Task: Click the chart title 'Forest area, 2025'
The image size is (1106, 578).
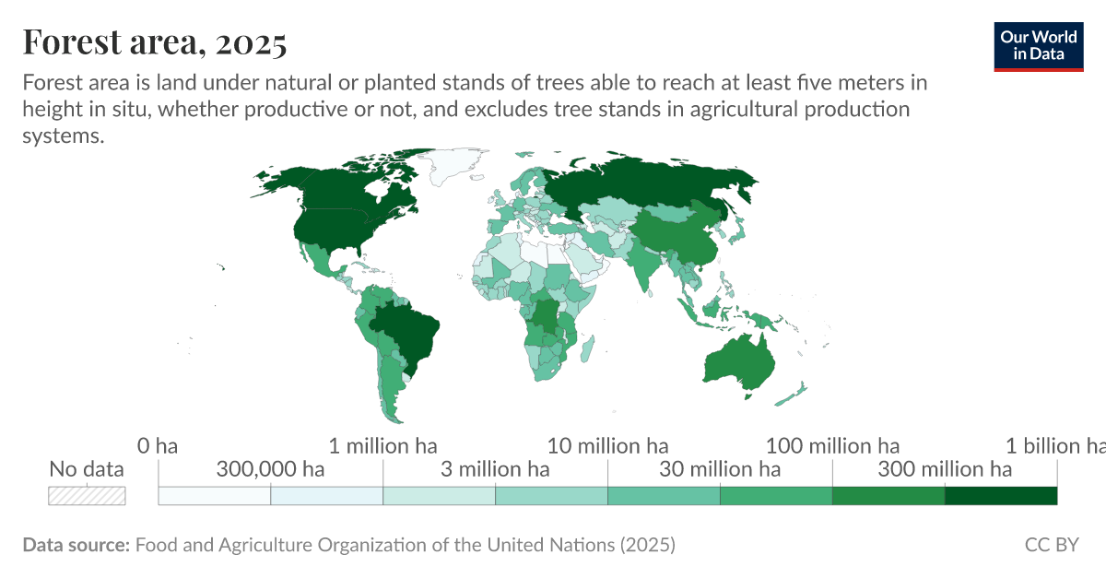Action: [x=155, y=41]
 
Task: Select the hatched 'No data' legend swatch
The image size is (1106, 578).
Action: [x=87, y=495]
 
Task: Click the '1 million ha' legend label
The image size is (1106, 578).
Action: [x=382, y=446]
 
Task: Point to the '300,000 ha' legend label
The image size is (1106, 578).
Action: [x=270, y=469]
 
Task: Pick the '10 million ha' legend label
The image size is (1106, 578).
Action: [x=608, y=446]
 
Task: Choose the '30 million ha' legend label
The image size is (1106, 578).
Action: [x=720, y=469]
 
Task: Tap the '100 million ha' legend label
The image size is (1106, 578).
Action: [x=833, y=446]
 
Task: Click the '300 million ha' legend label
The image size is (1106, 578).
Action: [x=945, y=469]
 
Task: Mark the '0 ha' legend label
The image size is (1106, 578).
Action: [x=158, y=446]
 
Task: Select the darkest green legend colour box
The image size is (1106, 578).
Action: [x=1001, y=495]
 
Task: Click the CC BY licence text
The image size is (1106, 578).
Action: [x=1052, y=545]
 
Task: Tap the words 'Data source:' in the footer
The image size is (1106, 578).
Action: [x=76, y=545]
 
